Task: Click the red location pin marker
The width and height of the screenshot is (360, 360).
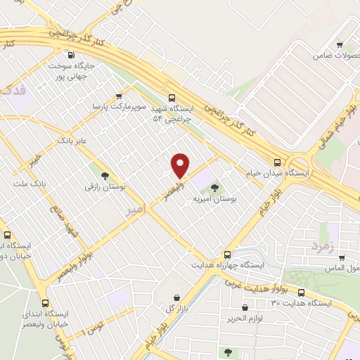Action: click(181, 165)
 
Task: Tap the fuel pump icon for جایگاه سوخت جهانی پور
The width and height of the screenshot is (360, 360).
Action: click(70, 56)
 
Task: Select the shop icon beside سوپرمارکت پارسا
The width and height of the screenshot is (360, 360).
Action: click(118, 96)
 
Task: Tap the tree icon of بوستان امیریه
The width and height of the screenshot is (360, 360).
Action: click(214, 187)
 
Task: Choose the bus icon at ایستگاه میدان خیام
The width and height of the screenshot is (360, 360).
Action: click(278, 162)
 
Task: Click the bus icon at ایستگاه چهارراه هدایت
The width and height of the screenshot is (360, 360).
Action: click(227, 255)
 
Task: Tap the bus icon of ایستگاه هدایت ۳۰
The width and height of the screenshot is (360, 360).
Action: click(302, 292)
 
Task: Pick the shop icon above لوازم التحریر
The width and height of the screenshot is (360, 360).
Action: click(245, 307)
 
